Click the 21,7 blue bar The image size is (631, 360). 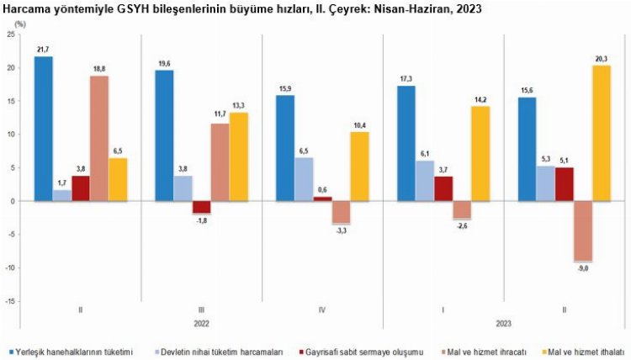[43, 129]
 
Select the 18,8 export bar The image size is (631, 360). [99, 139]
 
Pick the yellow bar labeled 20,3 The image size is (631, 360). [600, 134]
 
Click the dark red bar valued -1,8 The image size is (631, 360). [202, 207]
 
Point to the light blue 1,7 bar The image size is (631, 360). [61, 195]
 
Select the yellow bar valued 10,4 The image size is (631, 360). [360, 167]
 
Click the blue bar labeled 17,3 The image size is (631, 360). [406, 143]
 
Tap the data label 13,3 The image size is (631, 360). [239, 105]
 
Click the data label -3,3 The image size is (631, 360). [341, 230]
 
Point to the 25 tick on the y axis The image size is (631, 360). [10, 34]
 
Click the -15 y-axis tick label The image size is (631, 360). [9, 301]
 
